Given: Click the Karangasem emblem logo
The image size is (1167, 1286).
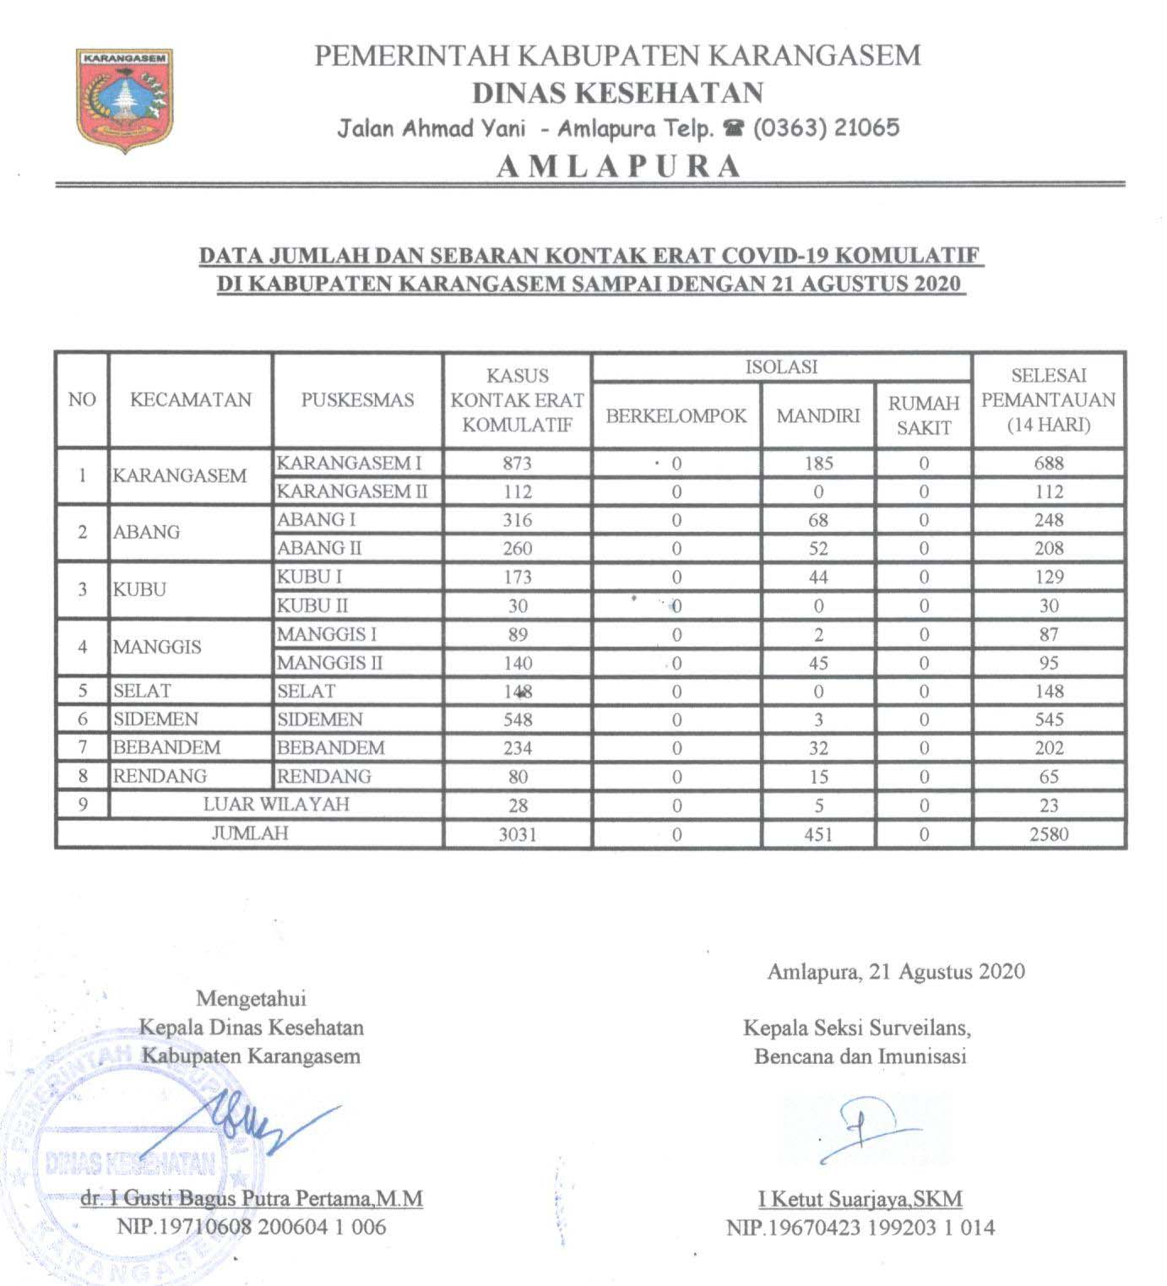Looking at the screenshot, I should (124, 99).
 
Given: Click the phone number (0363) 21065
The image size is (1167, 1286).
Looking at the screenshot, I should (826, 128).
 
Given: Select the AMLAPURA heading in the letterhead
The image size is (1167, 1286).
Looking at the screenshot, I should (618, 165).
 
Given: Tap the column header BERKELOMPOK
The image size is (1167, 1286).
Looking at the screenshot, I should (676, 415).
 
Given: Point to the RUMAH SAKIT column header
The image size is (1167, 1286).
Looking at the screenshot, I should (924, 415).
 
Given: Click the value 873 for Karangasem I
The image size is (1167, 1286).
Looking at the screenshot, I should (517, 463).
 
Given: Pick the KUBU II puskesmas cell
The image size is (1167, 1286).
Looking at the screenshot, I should (312, 605).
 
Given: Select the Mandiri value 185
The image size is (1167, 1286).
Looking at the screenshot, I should (818, 463).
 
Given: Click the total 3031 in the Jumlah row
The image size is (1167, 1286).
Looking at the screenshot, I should (517, 834).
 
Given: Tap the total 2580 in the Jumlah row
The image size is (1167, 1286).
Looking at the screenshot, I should (1049, 834).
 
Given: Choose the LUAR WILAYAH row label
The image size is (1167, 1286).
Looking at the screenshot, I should (276, 804).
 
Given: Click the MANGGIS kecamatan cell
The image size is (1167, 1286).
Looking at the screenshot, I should (157, 648).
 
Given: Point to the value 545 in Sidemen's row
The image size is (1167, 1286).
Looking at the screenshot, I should (1049, 719).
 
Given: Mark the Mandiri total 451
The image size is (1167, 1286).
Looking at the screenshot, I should (818, 834).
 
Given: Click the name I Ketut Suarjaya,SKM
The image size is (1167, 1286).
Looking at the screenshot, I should (860, 1198).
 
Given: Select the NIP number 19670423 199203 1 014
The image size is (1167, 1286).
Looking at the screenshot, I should (860, 1227).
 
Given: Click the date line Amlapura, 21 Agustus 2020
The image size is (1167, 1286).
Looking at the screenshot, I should (895, 971).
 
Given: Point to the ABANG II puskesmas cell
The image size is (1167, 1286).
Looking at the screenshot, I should (319, 548).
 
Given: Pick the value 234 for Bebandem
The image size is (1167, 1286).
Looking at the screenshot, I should (517, 748).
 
